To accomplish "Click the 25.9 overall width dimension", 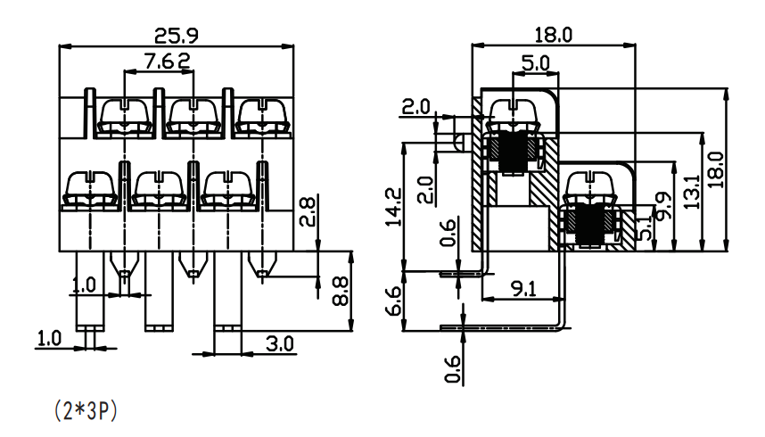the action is [177, 36].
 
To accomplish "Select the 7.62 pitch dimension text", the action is [168, 61].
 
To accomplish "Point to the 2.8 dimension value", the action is [308, 210].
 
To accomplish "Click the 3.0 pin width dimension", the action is [280, 343].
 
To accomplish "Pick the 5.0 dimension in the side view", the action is [535, 63].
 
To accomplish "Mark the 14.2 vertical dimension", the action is [393, 207].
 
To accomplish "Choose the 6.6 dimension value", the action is [393, 301].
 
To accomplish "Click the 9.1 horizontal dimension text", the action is [523, 289].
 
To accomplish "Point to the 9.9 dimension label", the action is [663, 205].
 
